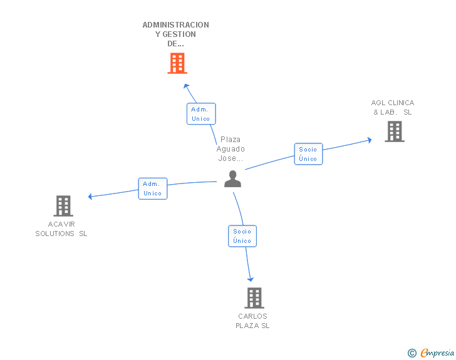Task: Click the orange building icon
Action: click(177, 63)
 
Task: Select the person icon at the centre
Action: click(232, 179)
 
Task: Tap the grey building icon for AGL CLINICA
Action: click(394, 131)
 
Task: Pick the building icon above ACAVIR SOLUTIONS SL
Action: click(63, 205)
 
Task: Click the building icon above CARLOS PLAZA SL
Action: click(254, 298)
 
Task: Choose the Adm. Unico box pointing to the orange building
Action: click(201, 114)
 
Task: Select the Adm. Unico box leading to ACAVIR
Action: click(153, 188)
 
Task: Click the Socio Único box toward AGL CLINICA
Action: click(308, 154)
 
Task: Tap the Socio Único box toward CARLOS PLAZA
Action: click(242, 236)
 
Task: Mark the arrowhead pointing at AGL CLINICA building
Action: click(370, 140)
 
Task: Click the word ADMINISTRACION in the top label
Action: click(176, 25)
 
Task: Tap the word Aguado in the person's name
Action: click(231, 149)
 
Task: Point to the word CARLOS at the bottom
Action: click(252, 316)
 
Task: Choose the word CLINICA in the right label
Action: click(401, 103)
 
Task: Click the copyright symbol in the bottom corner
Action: click(412, 353)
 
